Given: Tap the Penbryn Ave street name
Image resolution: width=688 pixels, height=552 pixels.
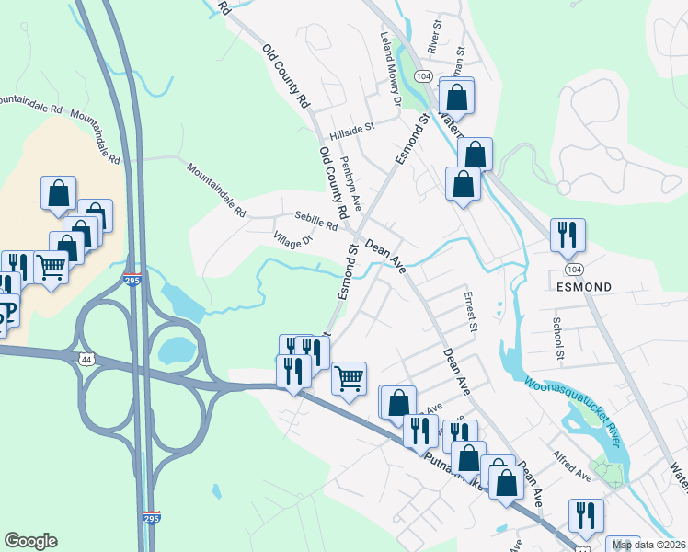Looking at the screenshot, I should click(354, 174).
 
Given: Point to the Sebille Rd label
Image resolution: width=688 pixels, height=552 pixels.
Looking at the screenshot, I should click(316, 220).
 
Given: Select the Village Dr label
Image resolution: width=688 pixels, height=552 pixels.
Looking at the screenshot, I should click(293, 241).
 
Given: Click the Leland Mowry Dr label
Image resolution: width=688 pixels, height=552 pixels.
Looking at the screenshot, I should click(392, 70).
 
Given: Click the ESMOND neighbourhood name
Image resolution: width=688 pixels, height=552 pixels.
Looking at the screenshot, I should click(584, 287).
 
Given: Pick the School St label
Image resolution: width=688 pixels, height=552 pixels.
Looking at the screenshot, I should click(556, 337).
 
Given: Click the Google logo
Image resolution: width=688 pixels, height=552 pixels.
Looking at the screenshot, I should click(30, 540).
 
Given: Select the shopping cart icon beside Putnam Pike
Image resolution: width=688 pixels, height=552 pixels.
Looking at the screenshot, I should click(349, 378).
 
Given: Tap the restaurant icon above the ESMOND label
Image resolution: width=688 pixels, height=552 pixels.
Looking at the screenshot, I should click(568, 236).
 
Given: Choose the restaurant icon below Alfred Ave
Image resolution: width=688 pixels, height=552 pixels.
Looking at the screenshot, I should click(585, 516).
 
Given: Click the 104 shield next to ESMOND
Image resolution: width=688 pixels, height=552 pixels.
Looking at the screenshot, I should click(575, 269).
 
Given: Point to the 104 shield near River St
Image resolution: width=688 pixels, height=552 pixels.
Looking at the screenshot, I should click(423, 75).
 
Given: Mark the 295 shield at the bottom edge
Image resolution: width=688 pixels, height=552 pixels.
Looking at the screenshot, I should click(152, 517).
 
